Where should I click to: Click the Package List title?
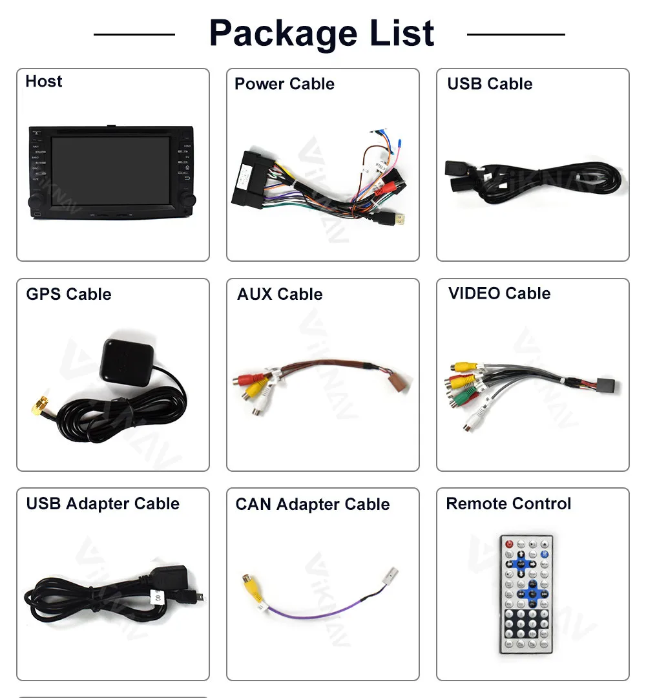pyautogui.click(x=322, y=34)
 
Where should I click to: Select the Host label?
pyautogui.click(x=44, y=81)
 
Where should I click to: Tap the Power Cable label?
pyautogui.click(x=284, y=84)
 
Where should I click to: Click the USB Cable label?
pyautogui.click(x=490, y=84)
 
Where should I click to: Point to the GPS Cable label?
pyautogui.click(x=68, y=295)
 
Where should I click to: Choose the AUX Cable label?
pyautogui.click(x=280, y=295)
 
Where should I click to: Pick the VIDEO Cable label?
pyautogui.click(x=499, y=293)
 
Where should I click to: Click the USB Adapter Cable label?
pyautogui.click(x=103, y=504)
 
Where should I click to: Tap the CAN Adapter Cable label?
pyautogui.click(x=313, y=505)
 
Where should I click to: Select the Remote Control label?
pyautogui.click(x=508, y=504)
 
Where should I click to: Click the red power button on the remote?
pyautogui.click(x=509, y=545)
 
